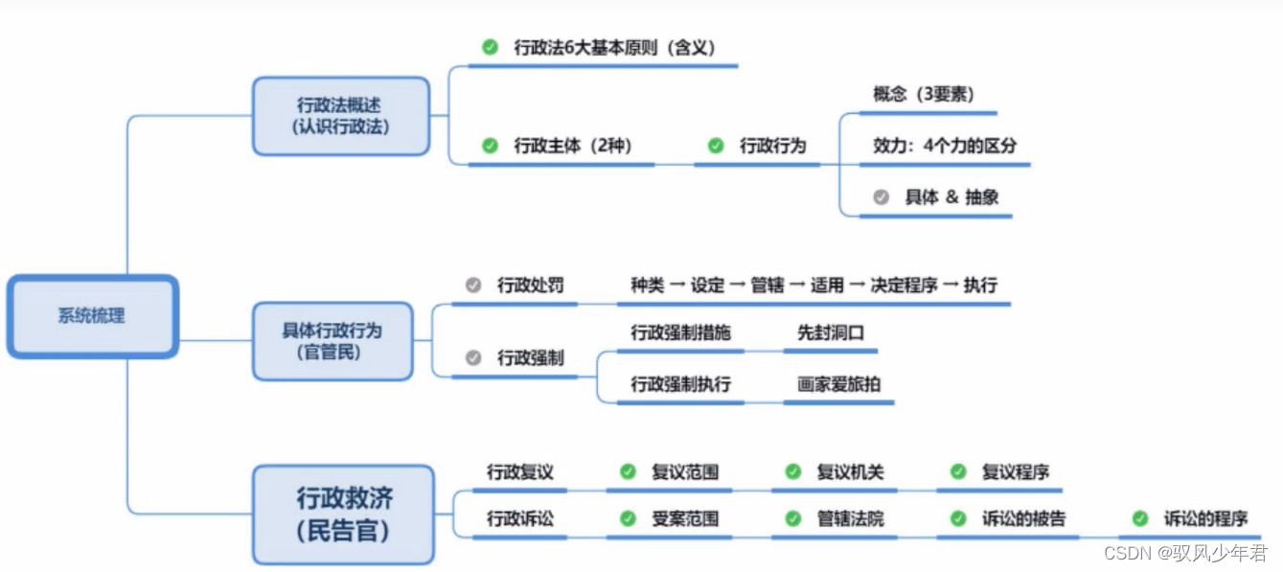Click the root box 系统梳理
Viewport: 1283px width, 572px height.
tap(92, 316)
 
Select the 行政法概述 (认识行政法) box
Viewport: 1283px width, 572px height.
tap(341, 115)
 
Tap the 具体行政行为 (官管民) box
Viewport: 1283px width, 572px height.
tap(332, 341)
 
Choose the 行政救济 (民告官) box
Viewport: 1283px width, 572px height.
tap(343, 514)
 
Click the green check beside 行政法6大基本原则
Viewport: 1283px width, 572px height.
tap(490, 47)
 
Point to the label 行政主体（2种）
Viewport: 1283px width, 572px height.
tap(572, 146)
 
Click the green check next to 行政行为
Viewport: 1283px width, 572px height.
tap(716, 146)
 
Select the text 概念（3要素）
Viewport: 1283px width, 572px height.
tap(923, 94)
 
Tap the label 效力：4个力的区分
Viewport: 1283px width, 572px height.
tap(945, 146)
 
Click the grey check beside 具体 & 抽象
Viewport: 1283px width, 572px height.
tap(882, 197)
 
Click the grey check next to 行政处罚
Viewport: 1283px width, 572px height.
tap(473, 285)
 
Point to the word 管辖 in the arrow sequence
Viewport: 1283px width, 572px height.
tap(767, 285)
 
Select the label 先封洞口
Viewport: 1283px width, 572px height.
tap(831, 332)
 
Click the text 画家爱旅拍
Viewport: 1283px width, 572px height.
tap(838, 384)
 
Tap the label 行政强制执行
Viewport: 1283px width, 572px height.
tap(680, 384)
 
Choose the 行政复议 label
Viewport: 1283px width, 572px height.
tap(520, 471)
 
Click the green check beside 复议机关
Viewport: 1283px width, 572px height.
tap(793, 471)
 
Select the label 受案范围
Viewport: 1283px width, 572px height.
tap(685, 519)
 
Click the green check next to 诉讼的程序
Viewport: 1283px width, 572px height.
tap(1140, 518)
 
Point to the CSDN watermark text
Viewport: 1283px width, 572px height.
tap(1185, 553)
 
